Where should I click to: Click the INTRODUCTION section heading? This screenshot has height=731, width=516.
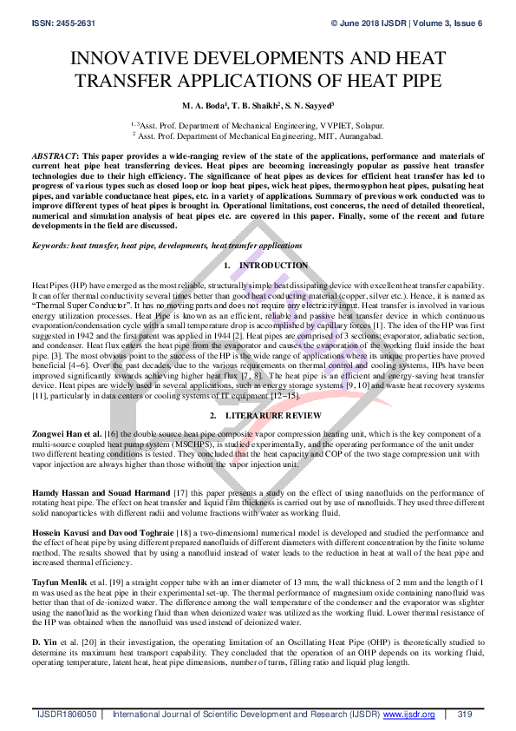[x=273, y=265]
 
